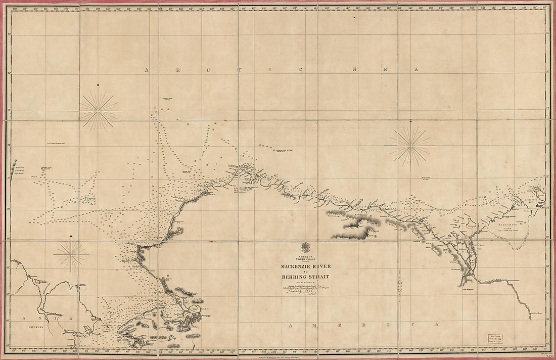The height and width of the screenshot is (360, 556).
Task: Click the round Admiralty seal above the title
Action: coord(305,248)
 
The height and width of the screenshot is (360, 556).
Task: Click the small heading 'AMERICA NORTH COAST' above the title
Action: coord(305,259)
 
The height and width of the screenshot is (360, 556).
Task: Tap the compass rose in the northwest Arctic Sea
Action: coord(99,110)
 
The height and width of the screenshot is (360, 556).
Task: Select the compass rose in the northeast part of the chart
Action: coord(410,146)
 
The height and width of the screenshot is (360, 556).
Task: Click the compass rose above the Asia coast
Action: coord(71,255)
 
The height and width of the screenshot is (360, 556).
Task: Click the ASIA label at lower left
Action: coord(47,318)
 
